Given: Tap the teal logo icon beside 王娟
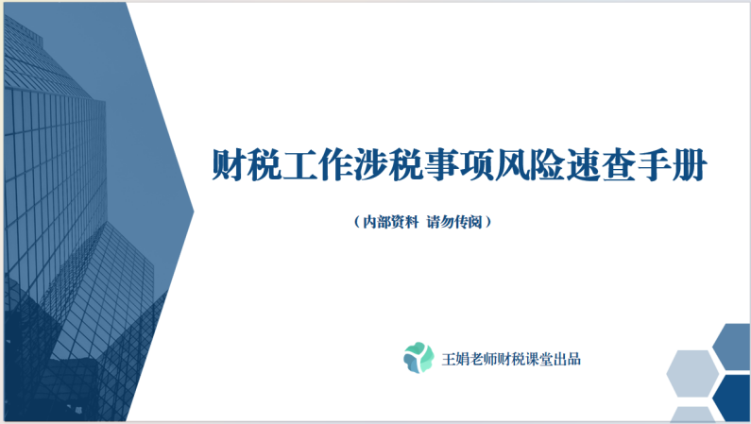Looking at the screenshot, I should tap(418, 357).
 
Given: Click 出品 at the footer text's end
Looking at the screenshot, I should tap(591, 358).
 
